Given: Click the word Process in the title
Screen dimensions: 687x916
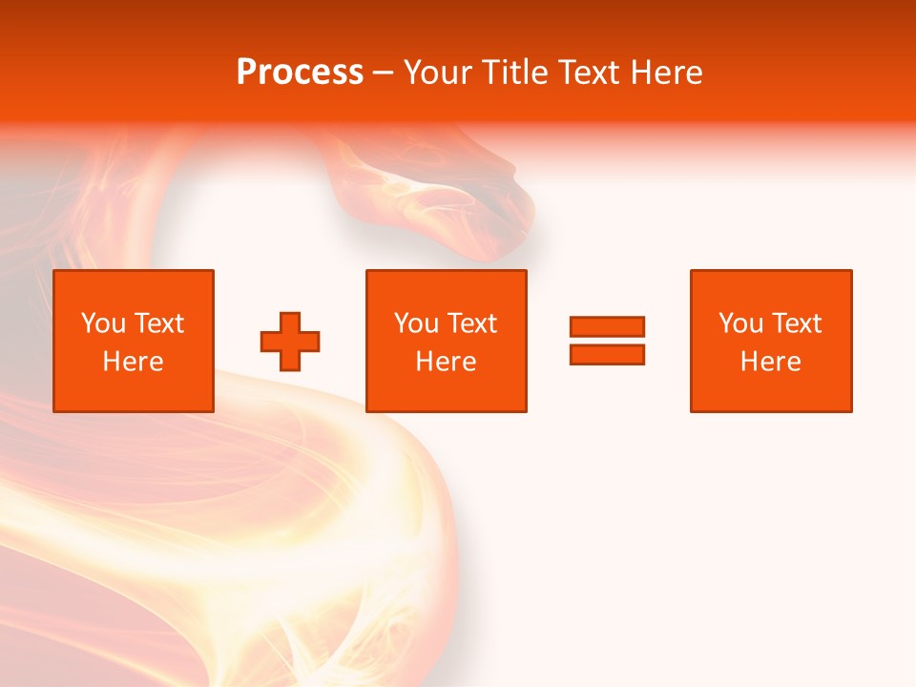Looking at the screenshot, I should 300,73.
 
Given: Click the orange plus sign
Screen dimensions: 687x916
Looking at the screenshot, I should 290,342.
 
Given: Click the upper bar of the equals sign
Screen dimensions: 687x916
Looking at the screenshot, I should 607,327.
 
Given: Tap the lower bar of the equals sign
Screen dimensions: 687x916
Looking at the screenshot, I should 607,354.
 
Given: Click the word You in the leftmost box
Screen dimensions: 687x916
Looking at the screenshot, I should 103,323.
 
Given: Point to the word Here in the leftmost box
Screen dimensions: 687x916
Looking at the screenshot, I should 133,362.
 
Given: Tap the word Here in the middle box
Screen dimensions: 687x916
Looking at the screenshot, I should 446,362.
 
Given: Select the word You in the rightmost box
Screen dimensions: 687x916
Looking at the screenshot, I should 740,323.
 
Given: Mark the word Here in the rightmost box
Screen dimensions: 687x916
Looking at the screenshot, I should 770,362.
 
